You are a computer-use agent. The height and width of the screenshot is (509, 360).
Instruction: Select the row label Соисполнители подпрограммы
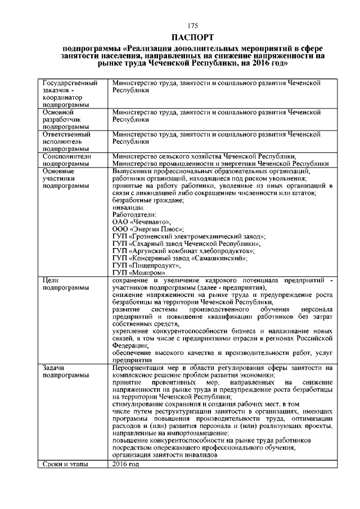[x=67, y=160]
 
